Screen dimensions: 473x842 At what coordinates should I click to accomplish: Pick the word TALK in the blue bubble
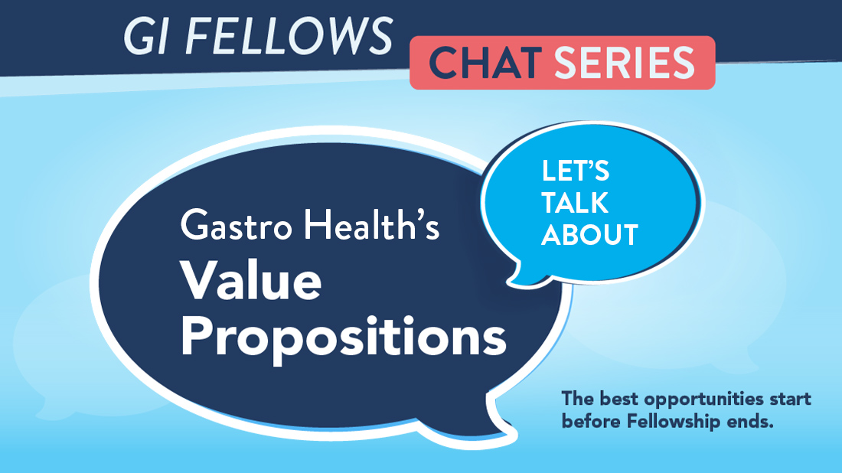pos(575,204)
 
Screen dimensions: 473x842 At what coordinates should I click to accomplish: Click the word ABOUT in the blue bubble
pos(590,234)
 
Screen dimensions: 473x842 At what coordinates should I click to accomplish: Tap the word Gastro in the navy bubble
pos(233,227)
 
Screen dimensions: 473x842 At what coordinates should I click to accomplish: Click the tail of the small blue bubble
pos(521,272)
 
